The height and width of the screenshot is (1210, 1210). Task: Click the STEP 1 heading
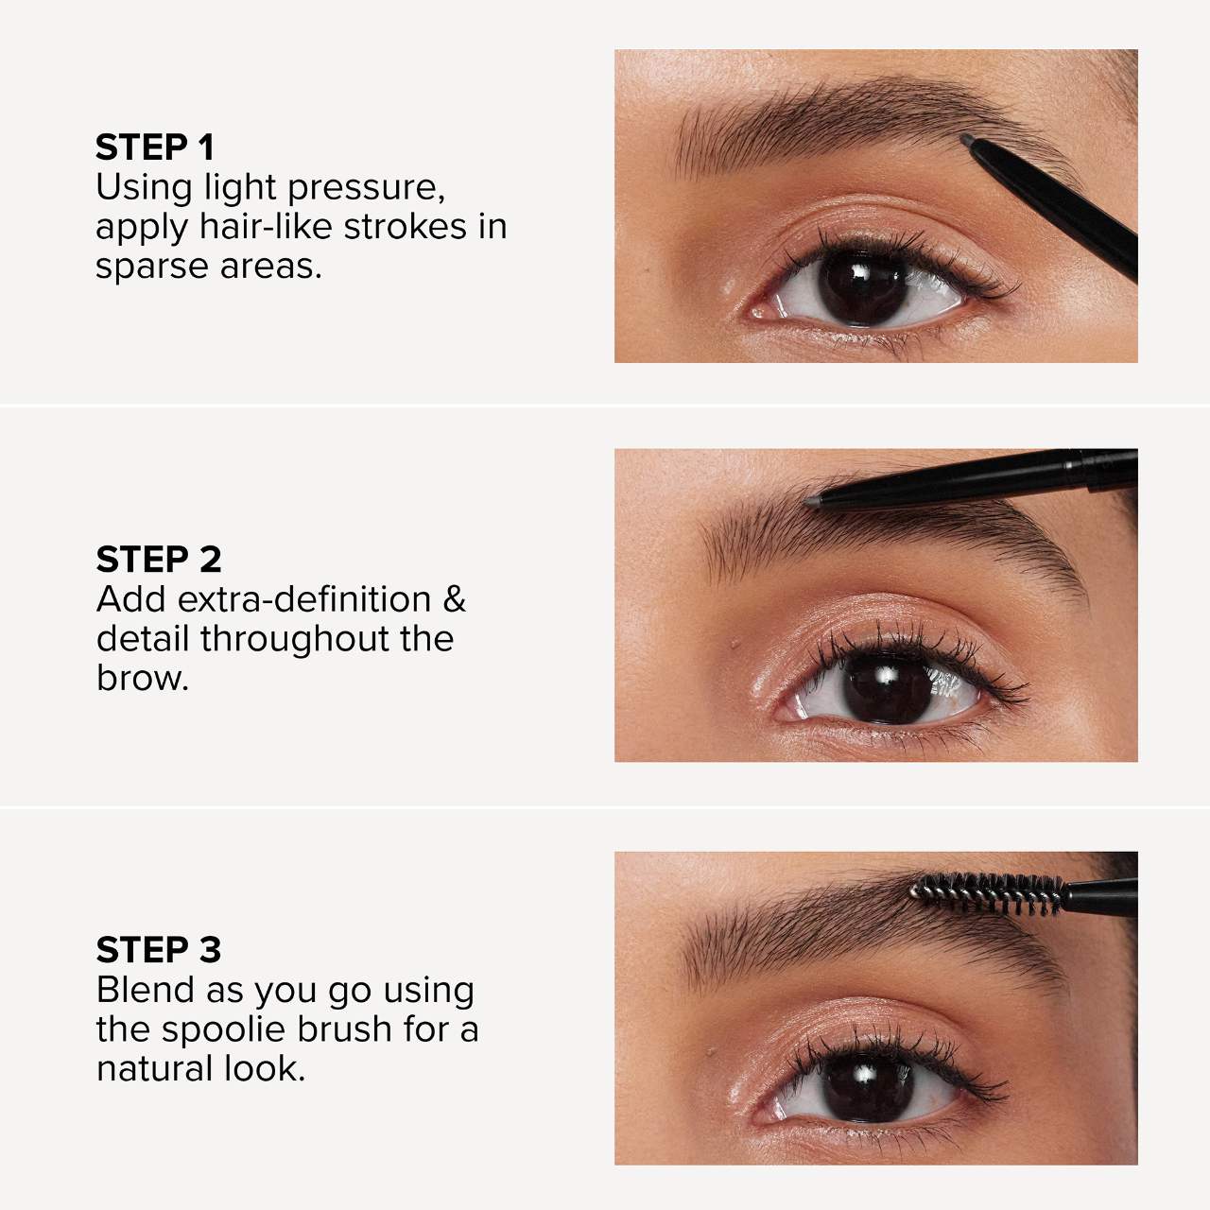coord(155,147)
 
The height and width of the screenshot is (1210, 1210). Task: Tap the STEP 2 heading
coord(158,560)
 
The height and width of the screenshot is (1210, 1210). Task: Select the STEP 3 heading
coord(158,949)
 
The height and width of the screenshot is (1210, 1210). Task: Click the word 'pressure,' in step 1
coord(367,188)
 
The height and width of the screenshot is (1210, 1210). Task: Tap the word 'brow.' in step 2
coord(143,679)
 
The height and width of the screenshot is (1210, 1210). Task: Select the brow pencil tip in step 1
coord(969,140)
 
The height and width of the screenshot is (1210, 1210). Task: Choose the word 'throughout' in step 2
coord(295,639)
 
